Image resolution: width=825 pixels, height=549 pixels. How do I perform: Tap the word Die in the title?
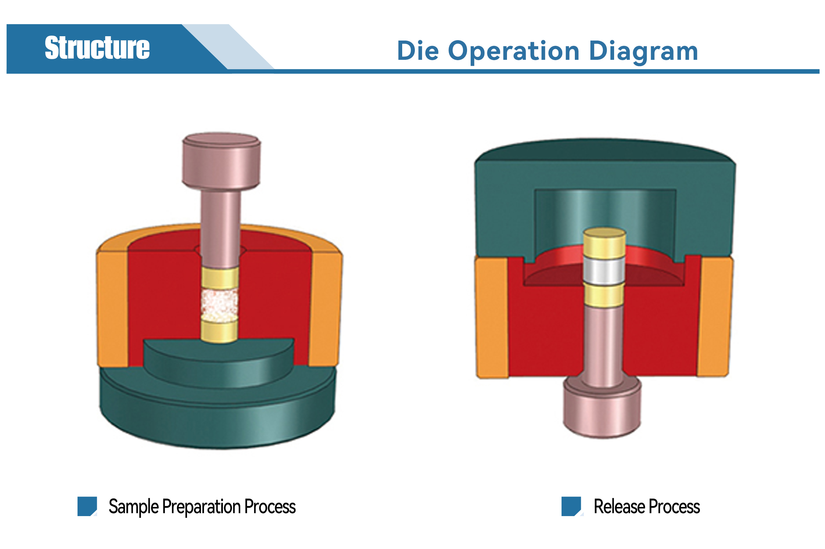pyautogui.click(x=418, y=51)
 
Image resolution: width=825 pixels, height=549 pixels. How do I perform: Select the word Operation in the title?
pyautogui.click(x=513, y=52)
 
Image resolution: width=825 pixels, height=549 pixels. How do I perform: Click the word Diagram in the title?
pyautogui.click(x=643, y=52)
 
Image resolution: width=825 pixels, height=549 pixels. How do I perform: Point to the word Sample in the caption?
pyautogui.click(x=133, y=507)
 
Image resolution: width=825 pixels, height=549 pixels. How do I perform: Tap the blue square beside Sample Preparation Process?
pyautogui.click(x=87, y=506)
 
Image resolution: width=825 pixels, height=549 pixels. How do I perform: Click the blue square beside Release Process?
pyautogui.click(x=571, y=506)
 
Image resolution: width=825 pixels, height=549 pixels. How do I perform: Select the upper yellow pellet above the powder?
pyautogui.click(x=220, y=278)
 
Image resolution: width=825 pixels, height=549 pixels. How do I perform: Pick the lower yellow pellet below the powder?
pyautogui.click(x=219, y=331)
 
